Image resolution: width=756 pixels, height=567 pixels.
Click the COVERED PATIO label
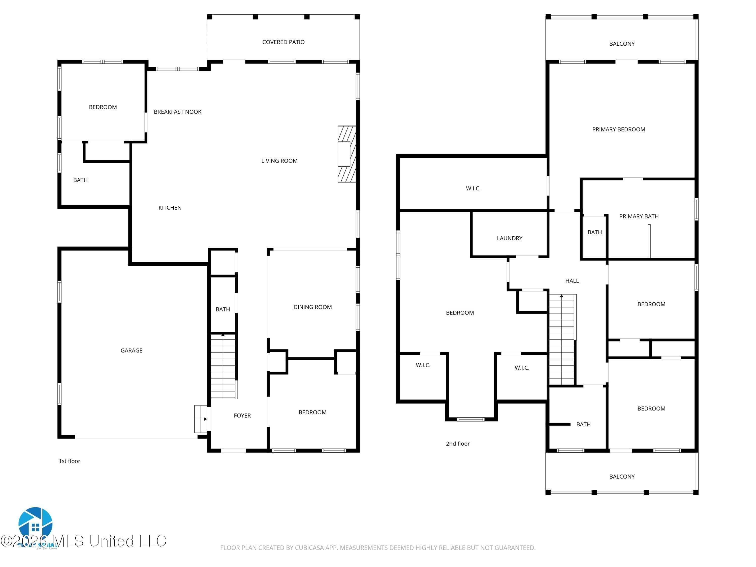point(283,42)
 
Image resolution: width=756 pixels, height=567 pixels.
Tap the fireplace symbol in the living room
point(346,154)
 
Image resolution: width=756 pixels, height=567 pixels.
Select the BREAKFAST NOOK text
point(177,112)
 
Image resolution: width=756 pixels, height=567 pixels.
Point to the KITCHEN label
point(170,207)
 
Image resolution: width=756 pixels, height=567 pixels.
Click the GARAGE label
point(131,350)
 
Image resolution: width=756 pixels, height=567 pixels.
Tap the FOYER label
point(242,416)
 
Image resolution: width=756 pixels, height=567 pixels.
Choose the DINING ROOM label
point(312,307)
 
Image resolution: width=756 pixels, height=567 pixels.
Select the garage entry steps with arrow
point(201,419)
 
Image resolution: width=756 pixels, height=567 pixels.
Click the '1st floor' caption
point(69,461)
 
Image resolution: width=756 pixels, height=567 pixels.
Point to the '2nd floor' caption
point(458,444)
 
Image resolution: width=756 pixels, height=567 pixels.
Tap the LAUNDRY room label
point(509,238)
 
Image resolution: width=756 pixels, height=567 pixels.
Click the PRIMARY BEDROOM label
point(618,129)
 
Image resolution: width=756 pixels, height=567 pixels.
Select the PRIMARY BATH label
point(638,216)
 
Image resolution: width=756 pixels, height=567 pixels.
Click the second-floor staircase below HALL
point(561,340)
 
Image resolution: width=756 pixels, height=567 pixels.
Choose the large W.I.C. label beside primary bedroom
point(473,188)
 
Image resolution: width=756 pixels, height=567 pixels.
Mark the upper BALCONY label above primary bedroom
point(622,44)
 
